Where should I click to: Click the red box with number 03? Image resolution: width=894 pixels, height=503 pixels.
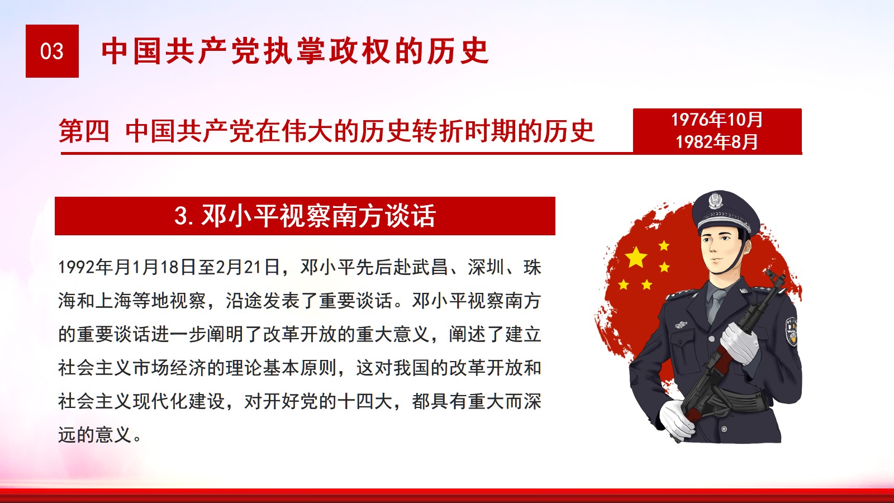coord(52,51)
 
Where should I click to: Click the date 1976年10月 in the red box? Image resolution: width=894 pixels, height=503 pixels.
coord(717,120)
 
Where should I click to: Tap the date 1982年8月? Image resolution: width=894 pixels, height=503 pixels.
coord(717,142)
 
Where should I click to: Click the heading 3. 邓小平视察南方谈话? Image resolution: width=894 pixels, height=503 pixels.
coord(305,216)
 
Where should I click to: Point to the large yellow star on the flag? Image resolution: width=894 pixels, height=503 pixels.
coord(636,257)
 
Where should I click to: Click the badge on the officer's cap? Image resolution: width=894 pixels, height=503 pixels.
coord(716,201)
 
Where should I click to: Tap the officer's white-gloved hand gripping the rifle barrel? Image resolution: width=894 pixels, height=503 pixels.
coord(741,343)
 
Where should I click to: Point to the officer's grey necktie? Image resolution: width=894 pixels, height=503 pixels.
coord(716,305)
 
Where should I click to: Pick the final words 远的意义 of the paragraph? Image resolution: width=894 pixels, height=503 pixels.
coord(95,435)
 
